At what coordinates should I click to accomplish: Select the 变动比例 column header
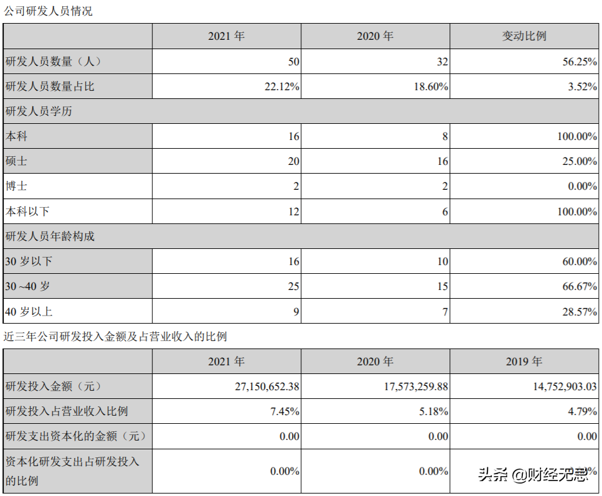[524, 36]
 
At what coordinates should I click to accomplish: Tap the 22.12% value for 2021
[282, 87]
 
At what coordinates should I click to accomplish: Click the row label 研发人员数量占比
[50, 87]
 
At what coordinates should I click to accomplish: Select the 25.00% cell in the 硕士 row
[579, 161]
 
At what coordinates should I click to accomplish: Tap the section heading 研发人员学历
[39, 111]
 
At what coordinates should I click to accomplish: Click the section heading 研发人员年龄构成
[50, 236]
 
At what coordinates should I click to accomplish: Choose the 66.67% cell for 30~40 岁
[579, 286]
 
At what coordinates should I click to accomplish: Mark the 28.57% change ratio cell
[579, 311]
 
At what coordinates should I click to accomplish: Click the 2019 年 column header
[524, 362]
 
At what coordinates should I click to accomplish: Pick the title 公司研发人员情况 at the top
[48, 11]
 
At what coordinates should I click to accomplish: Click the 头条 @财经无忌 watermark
[532, 476]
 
